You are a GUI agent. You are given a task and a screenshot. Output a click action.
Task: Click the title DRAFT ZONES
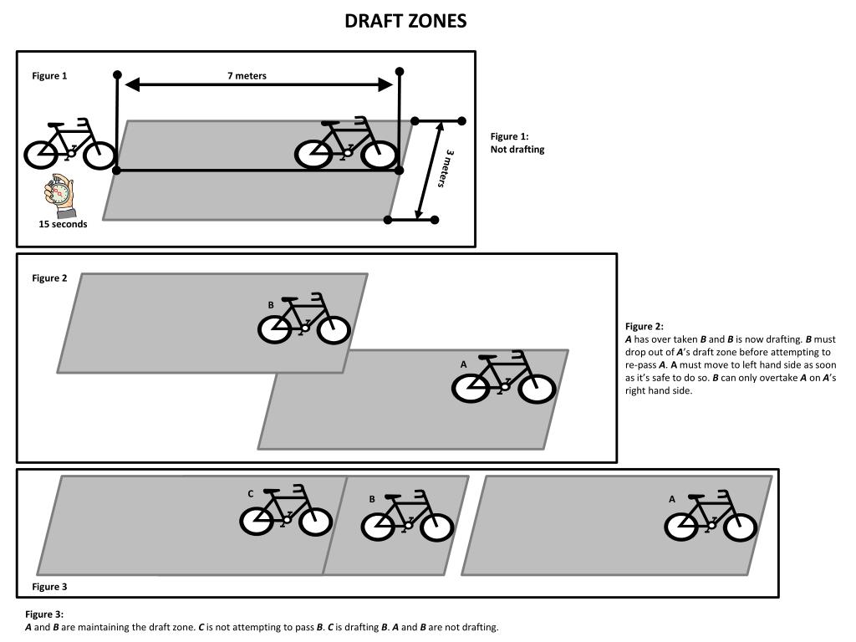(x=405, y=22)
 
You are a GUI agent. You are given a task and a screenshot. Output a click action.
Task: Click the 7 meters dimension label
(x=247, y=76)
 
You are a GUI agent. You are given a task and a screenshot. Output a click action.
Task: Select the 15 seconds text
(x=63, y=224)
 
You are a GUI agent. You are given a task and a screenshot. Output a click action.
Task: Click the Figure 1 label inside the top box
(x=49, y=76)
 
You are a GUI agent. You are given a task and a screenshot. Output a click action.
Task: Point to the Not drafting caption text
(x=517, y=150)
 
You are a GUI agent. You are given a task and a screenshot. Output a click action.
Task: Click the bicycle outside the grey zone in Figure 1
(x=70, y=145)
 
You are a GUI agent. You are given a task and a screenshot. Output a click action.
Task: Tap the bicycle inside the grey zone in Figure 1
(x=347, y=145)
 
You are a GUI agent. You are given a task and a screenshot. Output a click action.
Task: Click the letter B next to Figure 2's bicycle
(x=271, y=306)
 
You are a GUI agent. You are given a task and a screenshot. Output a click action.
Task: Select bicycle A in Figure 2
(x=504, y=380)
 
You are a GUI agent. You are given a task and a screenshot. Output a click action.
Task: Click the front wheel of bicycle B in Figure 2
(x=334, y=330)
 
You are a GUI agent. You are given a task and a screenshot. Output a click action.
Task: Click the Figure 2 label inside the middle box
(x=49, y=278)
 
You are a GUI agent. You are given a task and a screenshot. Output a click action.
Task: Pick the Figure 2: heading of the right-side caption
(x=644, y=327)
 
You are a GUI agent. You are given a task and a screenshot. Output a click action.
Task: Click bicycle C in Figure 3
(x=286, y=512)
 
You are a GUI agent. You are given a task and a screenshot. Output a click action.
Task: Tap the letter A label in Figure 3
(x=671, y=499)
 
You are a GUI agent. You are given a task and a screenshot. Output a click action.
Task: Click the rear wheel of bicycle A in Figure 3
(x=682, y=527)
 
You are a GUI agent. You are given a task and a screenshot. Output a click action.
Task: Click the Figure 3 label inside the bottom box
(x=49, y=587)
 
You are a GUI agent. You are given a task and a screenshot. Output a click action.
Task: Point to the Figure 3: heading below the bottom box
(x=44, y=614)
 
